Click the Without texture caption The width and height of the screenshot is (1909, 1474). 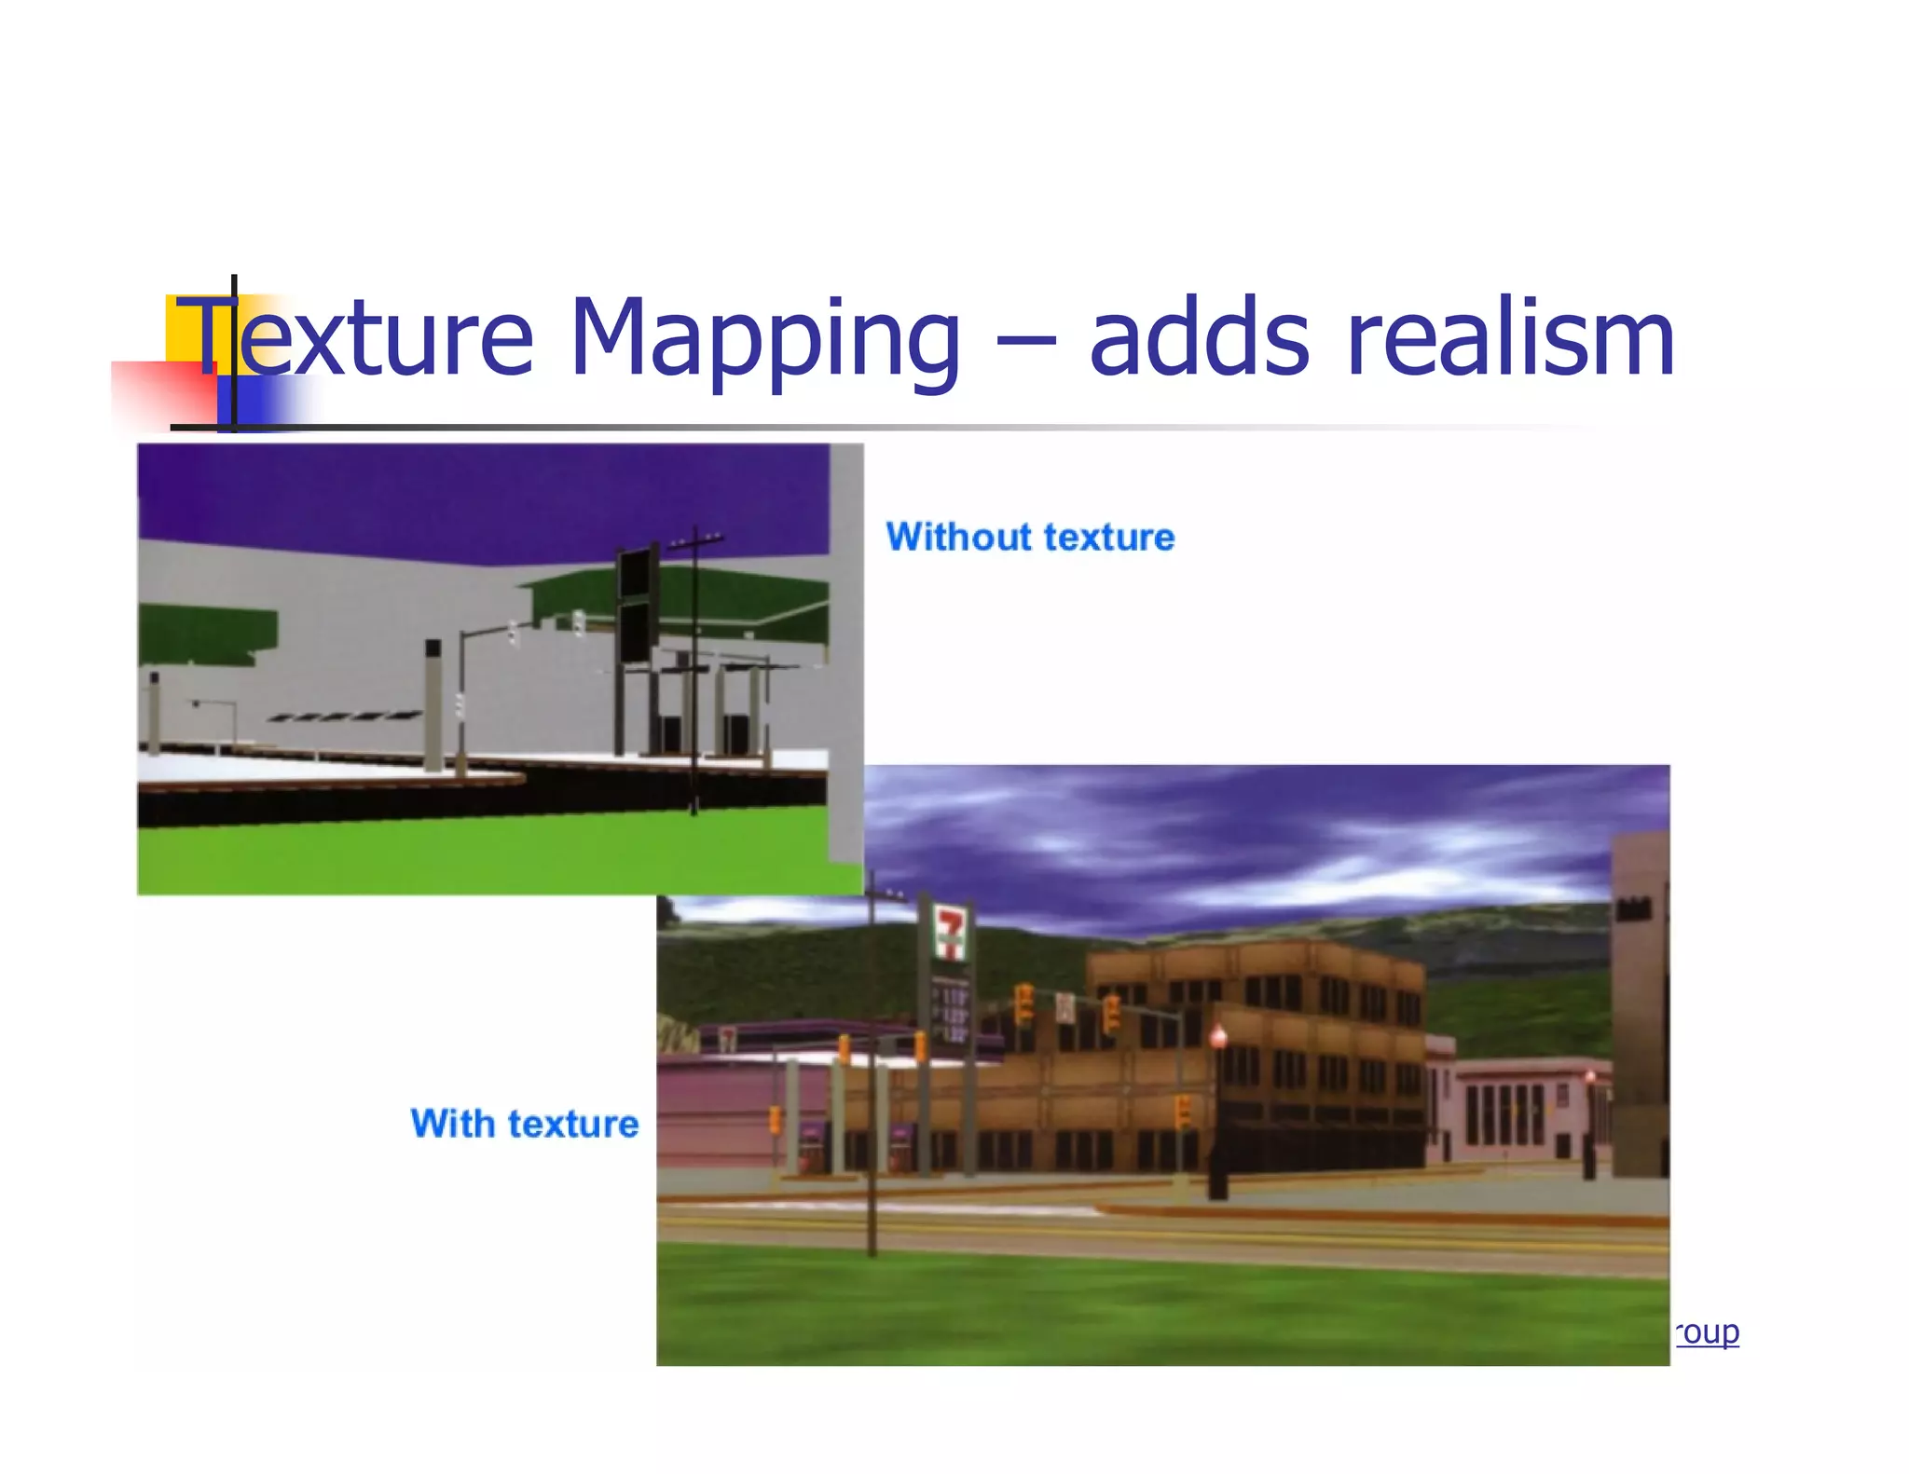point(1030,538)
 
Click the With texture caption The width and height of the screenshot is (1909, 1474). point(525,1124)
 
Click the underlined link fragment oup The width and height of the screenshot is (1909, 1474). point(1708,1332)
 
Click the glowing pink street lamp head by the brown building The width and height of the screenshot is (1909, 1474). point(1217,1035)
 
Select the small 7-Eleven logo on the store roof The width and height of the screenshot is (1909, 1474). point(728,1037)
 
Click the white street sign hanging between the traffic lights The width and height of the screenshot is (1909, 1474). point(1065,1007)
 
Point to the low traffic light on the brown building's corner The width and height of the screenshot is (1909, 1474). point(1182,1111)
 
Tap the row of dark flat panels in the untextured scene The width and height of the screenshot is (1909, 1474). point(345,717)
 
